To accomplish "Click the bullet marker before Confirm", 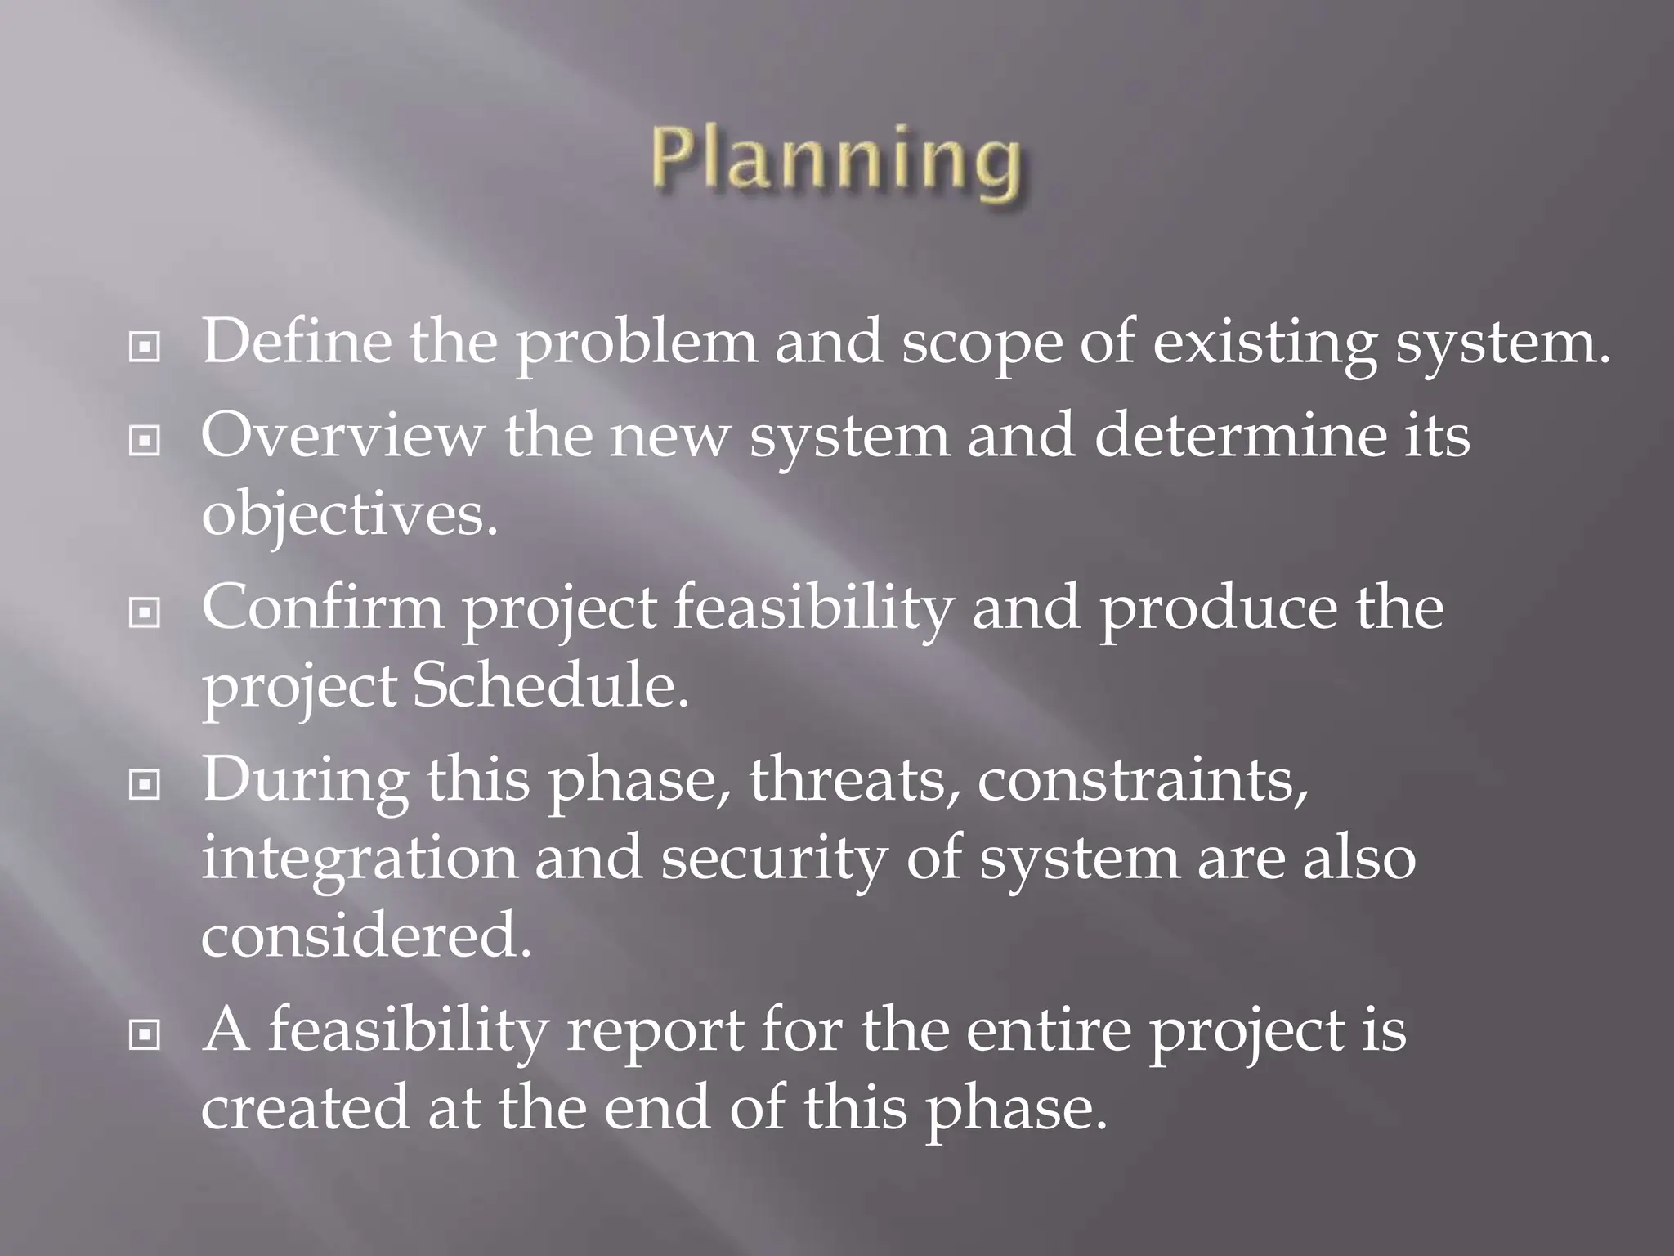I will (x=145, y=613).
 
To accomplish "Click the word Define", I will (x=296, y=341).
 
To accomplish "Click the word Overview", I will (x=342, y=435).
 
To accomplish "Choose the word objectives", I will (x=349, y=517).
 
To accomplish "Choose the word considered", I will (x=365, y=936).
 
